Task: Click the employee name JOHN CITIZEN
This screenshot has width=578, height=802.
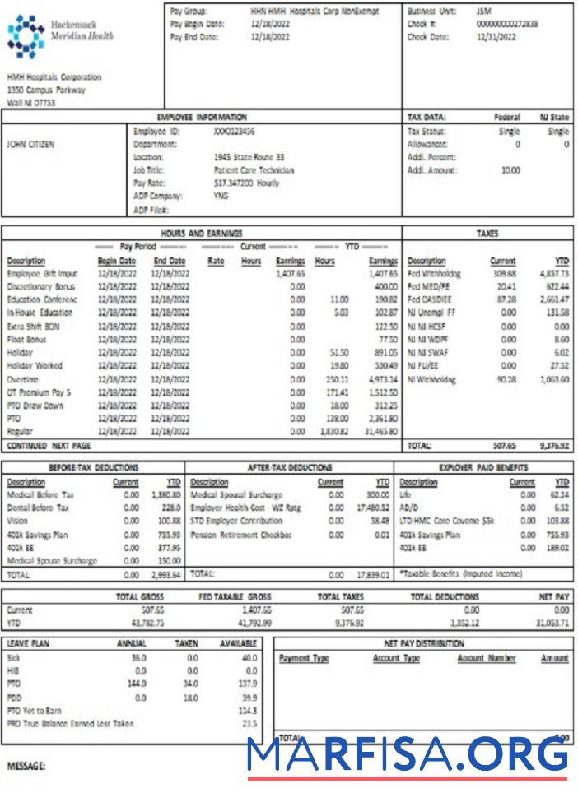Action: [x=30, y=144]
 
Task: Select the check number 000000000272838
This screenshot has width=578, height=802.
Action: [x=506, y=25]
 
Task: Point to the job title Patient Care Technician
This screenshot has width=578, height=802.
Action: [x=253, y=170]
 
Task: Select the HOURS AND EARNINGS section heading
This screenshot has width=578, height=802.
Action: [x=202, y=234]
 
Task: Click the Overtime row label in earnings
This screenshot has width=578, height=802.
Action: [x=24, y=379]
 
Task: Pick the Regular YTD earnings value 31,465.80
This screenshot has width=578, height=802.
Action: [x=380, y=431]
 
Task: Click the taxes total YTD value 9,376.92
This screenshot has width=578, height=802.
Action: [x=552, y=446]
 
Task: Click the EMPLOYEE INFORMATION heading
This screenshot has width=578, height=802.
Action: [x=202, y=118]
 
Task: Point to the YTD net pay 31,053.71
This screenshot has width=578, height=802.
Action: [x=552, y=623]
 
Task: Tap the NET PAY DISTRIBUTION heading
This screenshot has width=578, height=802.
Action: [x=423, y=643]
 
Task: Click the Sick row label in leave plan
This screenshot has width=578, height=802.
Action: [x=13, y=658]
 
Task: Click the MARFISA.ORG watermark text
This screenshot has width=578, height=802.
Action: [x=408, y=755]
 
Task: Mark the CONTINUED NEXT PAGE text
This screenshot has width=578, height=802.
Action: [x=49, y=445]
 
